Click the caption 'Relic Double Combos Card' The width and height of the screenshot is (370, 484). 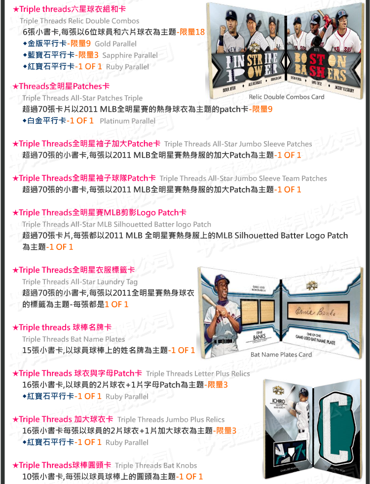tap(287, 97)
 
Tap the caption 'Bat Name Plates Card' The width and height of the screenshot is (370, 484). tap(281, 355)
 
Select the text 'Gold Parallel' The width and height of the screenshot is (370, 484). tap(115, 44)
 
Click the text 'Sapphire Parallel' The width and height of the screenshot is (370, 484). tap(130, 55)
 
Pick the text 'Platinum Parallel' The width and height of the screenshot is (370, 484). tap(128, 121)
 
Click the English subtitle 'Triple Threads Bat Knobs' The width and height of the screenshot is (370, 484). tap(156, 465)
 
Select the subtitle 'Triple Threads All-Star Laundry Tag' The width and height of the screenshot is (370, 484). tap(80, 282)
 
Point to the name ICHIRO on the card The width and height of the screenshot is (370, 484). tap(278, 401)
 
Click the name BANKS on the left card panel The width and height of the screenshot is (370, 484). tap(259, 337)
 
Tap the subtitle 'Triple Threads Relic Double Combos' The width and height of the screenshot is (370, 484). tap(79, 21)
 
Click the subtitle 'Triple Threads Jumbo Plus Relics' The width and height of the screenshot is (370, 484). tap(171, 419)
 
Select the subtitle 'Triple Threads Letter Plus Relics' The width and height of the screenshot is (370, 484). tap(198, 373)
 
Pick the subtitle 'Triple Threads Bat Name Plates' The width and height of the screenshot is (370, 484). tap(74, 339)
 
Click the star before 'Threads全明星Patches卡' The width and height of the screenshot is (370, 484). tap(15, 86)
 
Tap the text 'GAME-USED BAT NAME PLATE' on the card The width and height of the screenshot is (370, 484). tap(315, 339)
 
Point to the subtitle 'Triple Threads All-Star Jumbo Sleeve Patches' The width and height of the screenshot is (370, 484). tap(238, 144)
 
